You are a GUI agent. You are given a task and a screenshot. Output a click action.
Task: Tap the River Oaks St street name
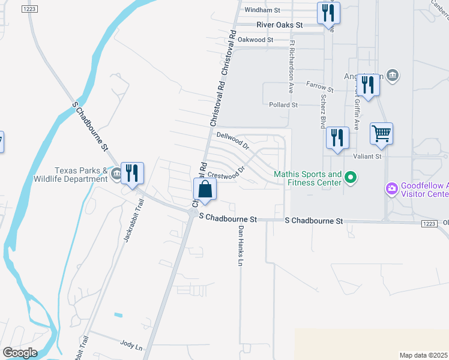(279, 25)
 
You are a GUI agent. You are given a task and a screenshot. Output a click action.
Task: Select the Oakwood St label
(255, 40)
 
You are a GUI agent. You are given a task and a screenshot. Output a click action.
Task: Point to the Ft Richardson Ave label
(291, 66)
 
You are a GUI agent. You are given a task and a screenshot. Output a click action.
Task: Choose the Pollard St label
(283, 105)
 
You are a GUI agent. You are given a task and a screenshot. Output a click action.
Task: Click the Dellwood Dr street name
(233, 140)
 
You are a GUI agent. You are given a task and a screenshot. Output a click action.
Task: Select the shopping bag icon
(205, 188)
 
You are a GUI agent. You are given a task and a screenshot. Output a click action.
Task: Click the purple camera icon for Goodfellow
(392, 190)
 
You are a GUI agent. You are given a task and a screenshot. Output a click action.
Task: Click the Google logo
(20, 352)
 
